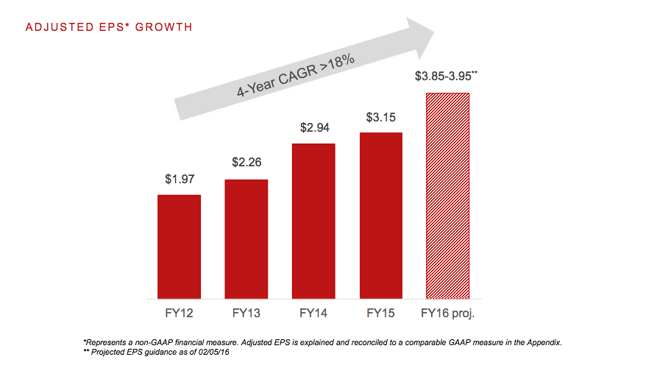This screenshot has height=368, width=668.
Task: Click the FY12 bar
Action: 179,247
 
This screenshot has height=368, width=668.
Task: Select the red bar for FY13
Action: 246,239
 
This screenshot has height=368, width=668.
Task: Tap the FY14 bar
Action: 313,221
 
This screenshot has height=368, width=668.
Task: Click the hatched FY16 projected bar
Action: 447,196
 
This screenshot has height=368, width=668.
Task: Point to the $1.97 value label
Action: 179,178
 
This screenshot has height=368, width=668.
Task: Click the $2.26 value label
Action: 246,163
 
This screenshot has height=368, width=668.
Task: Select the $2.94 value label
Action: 313,127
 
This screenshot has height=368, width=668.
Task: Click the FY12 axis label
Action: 179,314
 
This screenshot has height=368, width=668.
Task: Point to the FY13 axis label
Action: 246,314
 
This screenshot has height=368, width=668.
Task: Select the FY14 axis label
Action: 313,314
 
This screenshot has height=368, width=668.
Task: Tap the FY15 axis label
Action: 380,314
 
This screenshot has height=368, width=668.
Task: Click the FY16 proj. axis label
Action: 447,314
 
